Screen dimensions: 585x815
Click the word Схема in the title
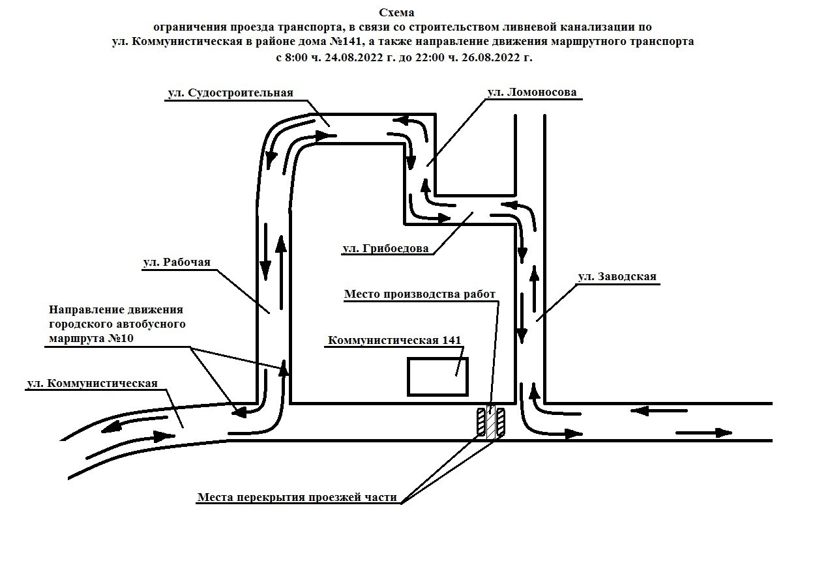[396, 12]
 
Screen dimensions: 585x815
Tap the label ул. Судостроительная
[231, 93]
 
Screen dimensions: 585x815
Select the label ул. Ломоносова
[532, 93]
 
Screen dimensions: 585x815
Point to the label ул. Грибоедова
[385, 248]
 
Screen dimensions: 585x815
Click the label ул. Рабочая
[177, 262]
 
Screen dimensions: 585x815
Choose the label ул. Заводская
[617, 277]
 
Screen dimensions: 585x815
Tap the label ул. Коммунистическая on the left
[92, 383]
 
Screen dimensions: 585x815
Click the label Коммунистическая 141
[394, 341]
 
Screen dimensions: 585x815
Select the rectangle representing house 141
[437, 377]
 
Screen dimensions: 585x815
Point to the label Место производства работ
[420, 294]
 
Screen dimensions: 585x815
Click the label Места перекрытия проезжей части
[297, 498]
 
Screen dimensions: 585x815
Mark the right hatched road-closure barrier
[501, 421]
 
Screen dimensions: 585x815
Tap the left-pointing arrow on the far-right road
[659, 411]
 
